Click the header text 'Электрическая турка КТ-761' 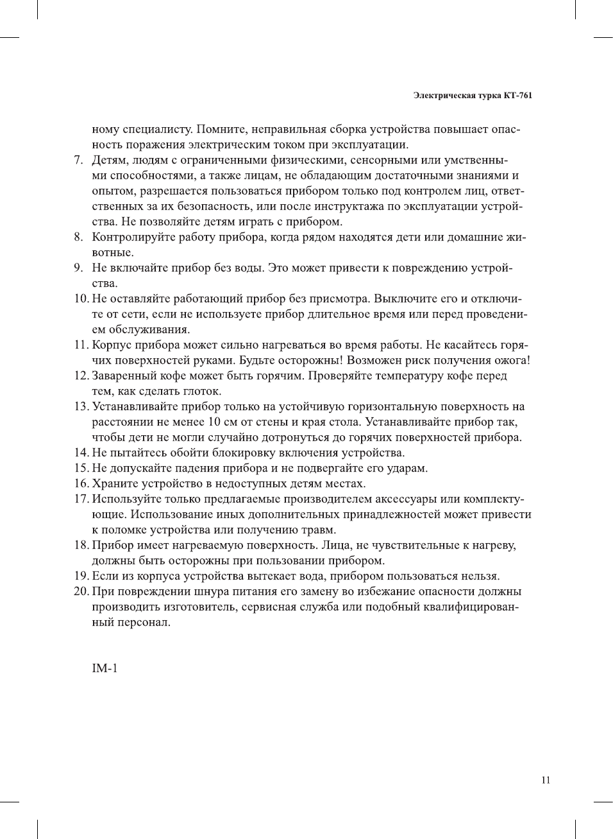tap(473, 96)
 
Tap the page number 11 tap(546, 781)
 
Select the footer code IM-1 tap(105, 668)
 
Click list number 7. tap(78, 160)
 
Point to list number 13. tap(80, 406)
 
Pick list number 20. tap(80, 591)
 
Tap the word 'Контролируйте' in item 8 tap(132, 238)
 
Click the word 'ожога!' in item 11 tap(511, 360)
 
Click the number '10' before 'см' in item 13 tap(215, 422)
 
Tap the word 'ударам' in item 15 tap(407, 468)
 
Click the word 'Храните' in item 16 tap(113, 483)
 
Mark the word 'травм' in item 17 tap(318, 530)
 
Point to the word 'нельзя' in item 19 tap(480, 576)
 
